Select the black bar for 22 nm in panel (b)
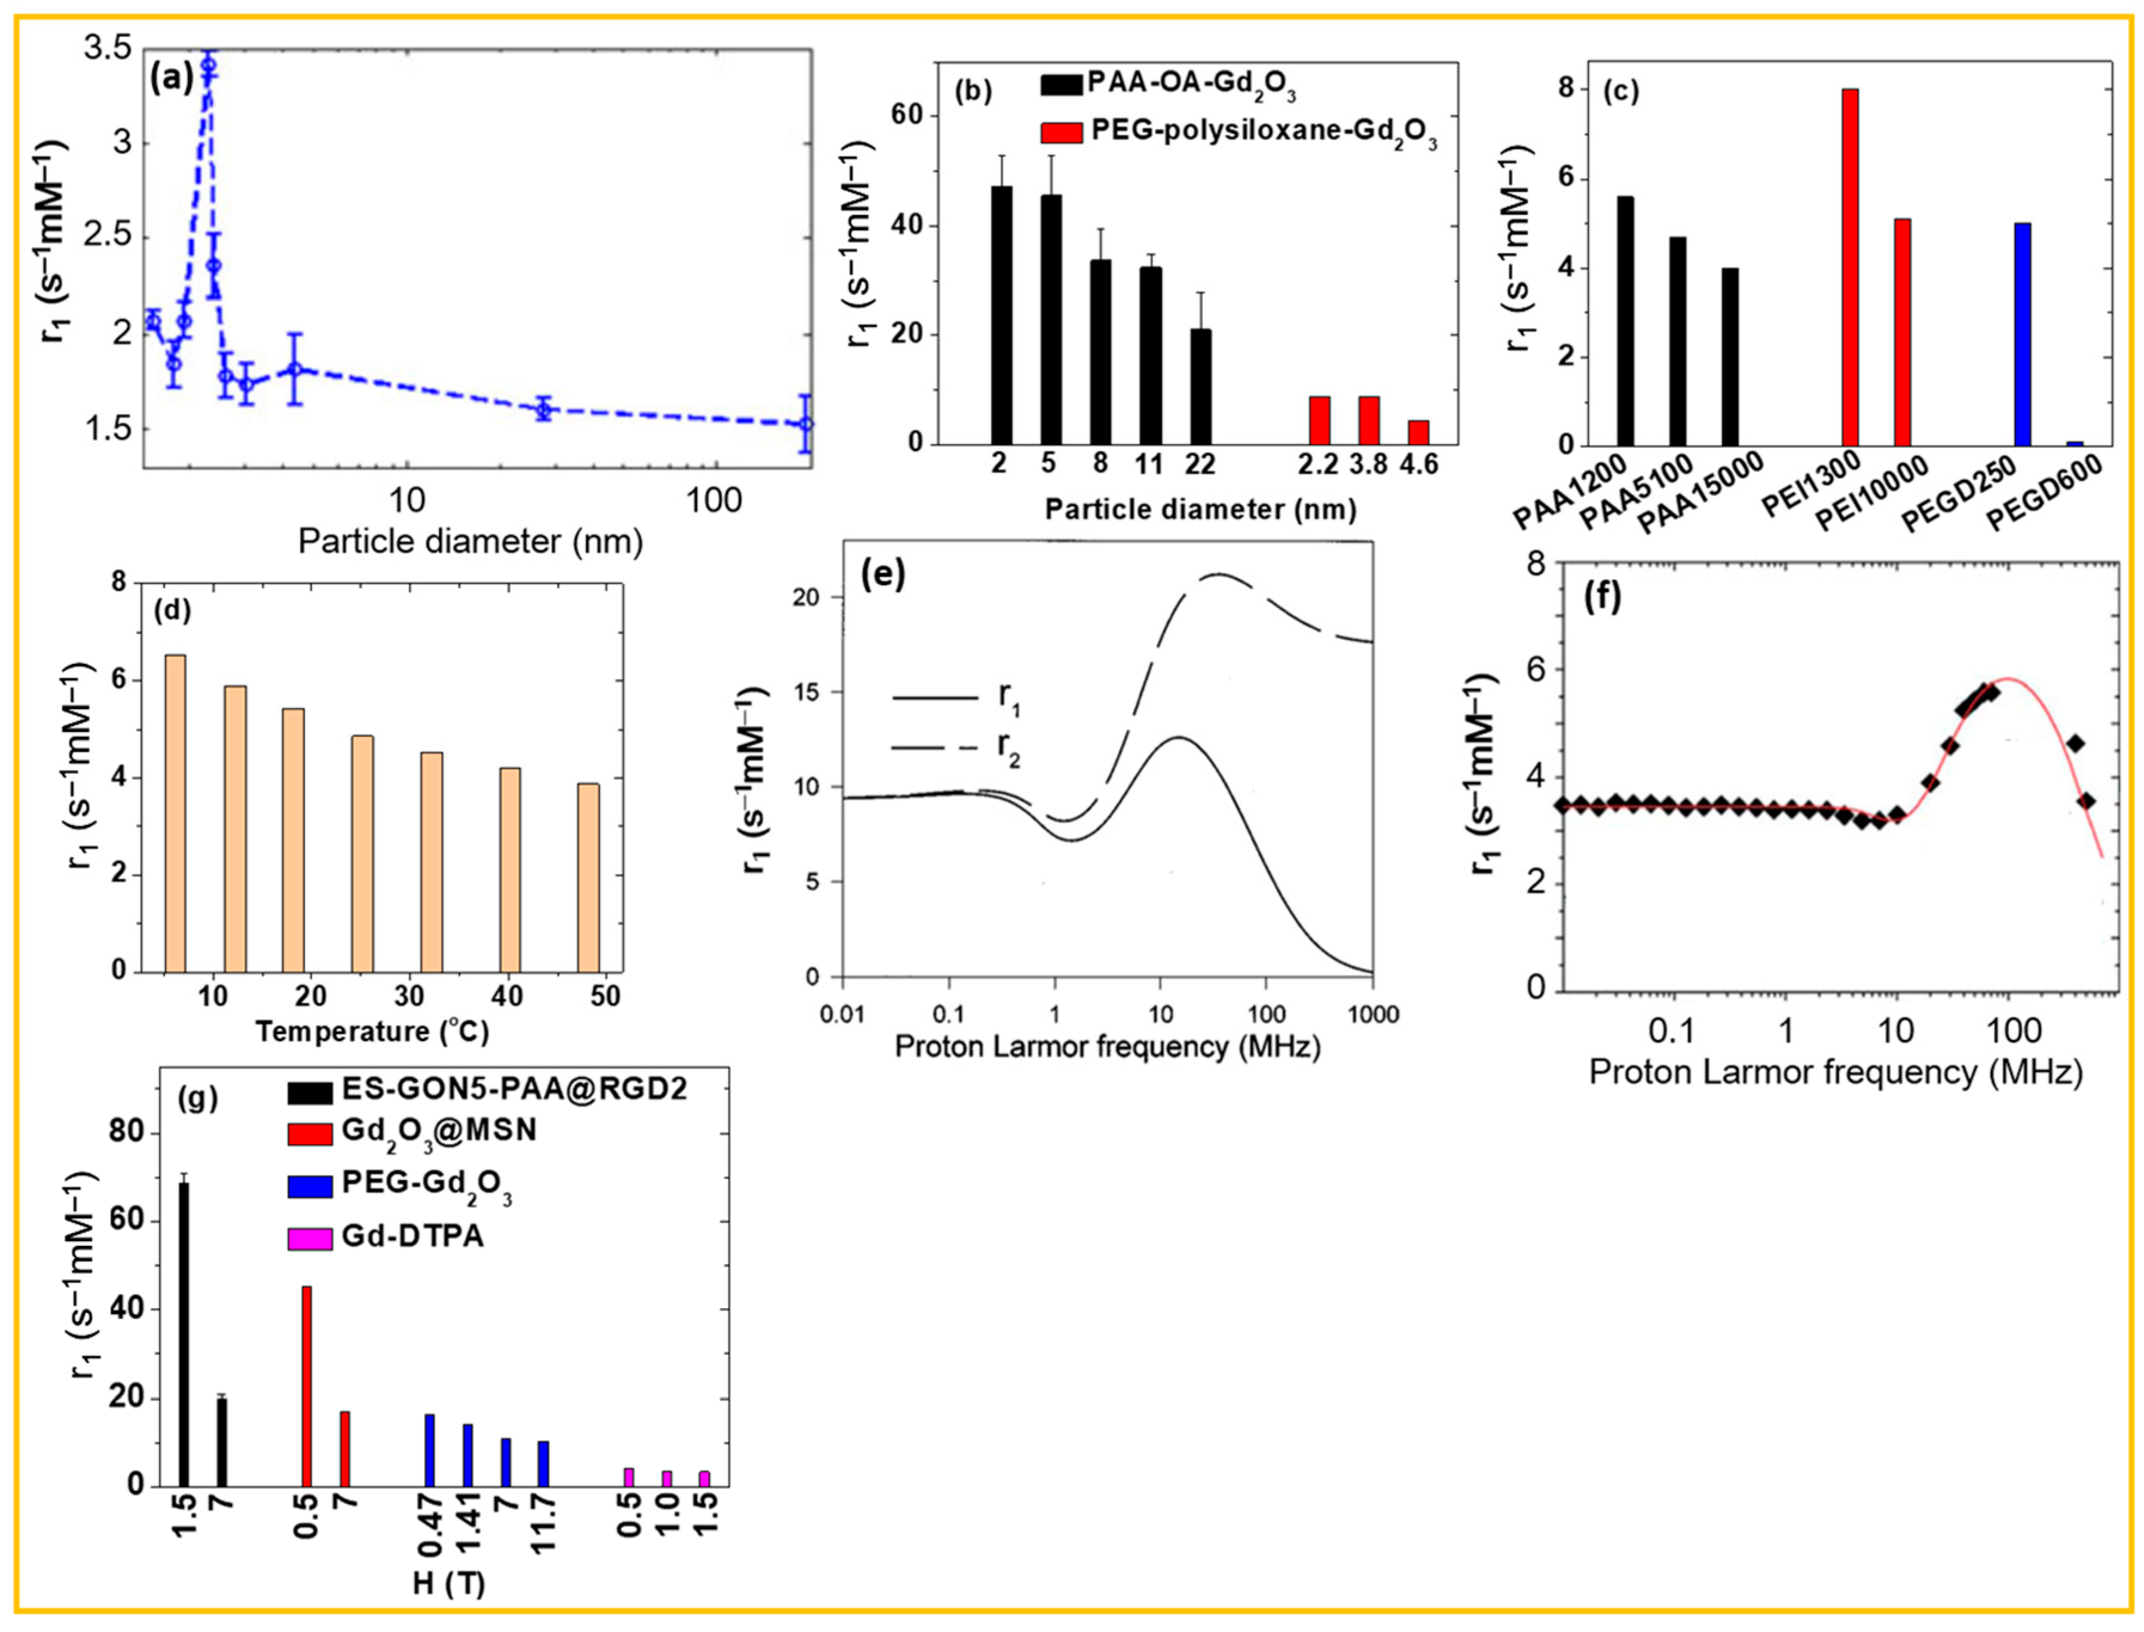click(x=1201, y=387)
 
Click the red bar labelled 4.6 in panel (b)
click(x=1418, y=432)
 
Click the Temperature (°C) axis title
click(x=372, y=1031)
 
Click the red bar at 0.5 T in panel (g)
click(x=307, y=1386)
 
